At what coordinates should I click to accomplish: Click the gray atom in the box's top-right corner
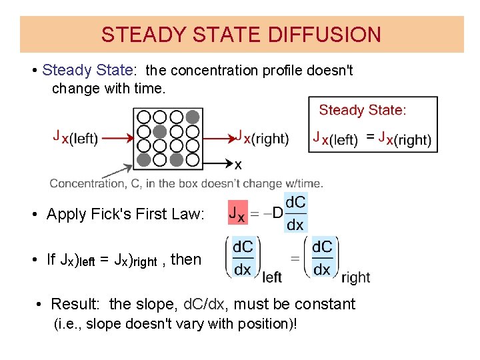[x=193, y=117]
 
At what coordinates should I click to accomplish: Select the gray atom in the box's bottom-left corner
[x=144, y=159]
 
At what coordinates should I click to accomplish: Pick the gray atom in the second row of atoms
[x=160, y=131]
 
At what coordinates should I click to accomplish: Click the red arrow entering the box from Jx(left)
[x=117, y=139]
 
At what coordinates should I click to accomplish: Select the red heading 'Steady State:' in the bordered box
[x=363, y=110]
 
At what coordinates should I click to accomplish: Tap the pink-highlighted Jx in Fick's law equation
[x=237, y=214]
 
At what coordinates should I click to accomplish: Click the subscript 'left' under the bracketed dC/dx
[x=272, y=276]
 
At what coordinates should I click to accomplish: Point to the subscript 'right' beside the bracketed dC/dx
[x=355, y=276]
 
